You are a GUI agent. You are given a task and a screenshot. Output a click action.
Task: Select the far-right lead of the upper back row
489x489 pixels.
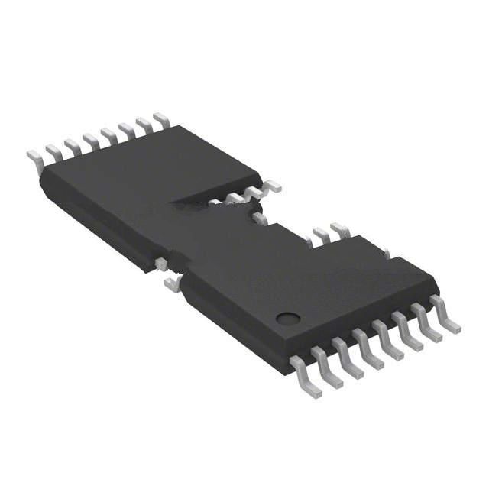(x=160, y=119)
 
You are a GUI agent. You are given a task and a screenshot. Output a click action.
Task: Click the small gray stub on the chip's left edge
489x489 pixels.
(x=160, y=264)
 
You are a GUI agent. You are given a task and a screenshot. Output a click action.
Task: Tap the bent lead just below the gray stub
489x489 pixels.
(x=173, y=284)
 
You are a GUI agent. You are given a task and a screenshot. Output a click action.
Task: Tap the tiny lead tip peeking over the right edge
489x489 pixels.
(x=387, y=253)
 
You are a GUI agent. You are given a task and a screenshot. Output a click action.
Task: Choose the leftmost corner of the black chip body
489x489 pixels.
(x=40, y=175)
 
